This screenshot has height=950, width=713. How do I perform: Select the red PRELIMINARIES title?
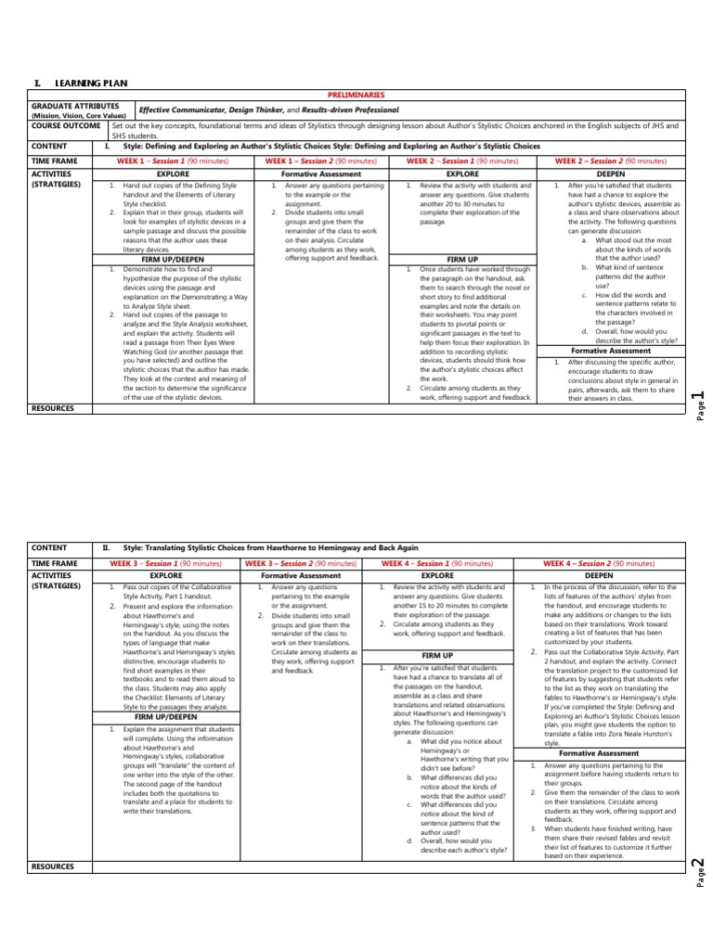(356, 96)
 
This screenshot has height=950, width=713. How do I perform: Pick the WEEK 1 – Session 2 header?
(321, 160)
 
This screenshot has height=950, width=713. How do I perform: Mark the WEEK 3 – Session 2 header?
(302, 562)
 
